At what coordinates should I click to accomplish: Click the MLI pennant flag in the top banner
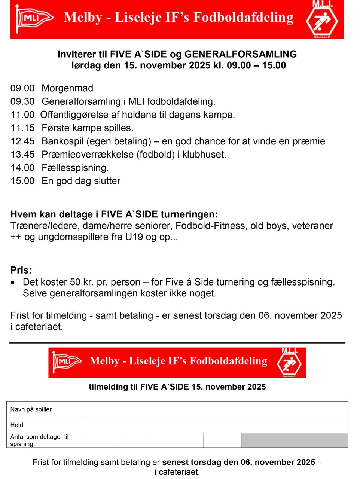coord(34,18)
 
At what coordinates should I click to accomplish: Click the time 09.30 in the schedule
coord(22,101)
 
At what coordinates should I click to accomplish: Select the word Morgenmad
coord(67,88)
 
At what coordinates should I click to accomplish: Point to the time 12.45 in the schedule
coord(22,141)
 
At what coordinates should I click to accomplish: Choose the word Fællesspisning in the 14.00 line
coord(75,168)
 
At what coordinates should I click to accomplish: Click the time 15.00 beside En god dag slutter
coord(22,181)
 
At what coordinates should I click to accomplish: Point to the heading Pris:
coord(21,270)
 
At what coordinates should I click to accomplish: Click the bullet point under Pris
coord(13,283)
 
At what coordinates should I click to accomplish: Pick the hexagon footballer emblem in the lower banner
coord(289,363)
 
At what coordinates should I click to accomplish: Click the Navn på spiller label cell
coord(45,409)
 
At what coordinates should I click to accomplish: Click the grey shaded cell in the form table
coord(295,440)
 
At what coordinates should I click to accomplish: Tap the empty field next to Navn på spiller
coord(215,409)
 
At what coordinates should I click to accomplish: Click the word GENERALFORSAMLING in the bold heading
coord(241,54)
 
